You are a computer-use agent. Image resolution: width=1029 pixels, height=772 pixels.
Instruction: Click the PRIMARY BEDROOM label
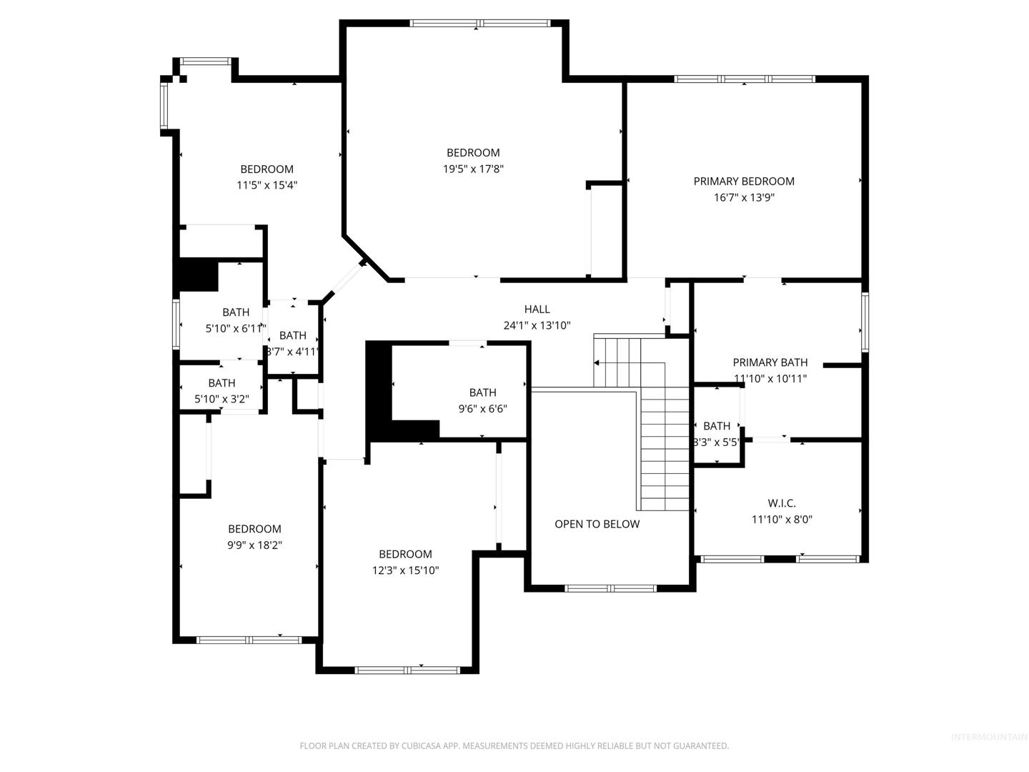coord(743,182)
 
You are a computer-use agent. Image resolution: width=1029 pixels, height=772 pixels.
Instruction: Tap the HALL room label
coord(537,310)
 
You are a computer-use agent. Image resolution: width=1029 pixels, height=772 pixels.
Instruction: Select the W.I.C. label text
coord(782,503)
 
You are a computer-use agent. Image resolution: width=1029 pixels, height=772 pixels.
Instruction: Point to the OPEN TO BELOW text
coord(597,524)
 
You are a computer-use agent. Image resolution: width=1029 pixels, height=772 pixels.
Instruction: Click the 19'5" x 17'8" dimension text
coord(473,169)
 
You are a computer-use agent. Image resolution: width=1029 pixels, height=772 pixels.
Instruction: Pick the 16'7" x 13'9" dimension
coord(743,197)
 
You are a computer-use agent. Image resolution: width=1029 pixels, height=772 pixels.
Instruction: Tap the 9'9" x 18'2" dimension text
coord(254,545)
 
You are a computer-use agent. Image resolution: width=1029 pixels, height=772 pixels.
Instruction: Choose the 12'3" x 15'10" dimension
coord(405,570)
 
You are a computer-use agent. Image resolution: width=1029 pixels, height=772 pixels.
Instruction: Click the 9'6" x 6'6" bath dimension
coord(482,409)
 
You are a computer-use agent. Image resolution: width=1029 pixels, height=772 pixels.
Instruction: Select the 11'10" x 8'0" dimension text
coord(782,520)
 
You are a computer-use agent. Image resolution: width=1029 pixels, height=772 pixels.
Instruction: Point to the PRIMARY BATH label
coord(770,362)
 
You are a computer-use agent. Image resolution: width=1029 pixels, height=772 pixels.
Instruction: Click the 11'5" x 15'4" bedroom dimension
coord(267,185)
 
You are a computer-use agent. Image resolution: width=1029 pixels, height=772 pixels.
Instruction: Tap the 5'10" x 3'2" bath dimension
coord(222,399)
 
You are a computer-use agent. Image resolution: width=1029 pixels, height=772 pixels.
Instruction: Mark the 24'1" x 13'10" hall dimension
coord(537,325)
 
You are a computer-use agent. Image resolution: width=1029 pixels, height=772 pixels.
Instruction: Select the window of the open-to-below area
coord(610,589)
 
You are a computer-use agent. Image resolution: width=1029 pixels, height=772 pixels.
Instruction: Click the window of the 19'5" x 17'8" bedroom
coord(479,23)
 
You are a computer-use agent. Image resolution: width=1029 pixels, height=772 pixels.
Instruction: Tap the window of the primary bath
coord(865,322)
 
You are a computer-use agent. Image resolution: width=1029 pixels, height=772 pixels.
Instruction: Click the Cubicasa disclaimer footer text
coord(514,746)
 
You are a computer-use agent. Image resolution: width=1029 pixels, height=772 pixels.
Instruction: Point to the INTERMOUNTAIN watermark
coord(989,737)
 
